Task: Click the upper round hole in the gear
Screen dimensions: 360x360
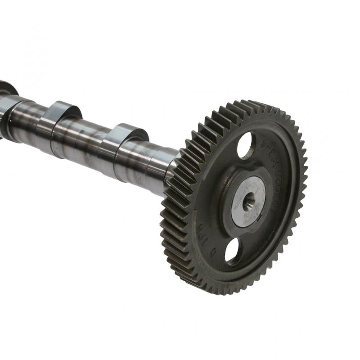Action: pyautogui.click(x=246, y=145)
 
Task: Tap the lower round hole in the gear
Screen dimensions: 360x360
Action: pyautogui.click(x=233, y=251)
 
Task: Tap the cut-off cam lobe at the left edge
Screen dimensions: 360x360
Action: pyautogui.click(x=7, y=90)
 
